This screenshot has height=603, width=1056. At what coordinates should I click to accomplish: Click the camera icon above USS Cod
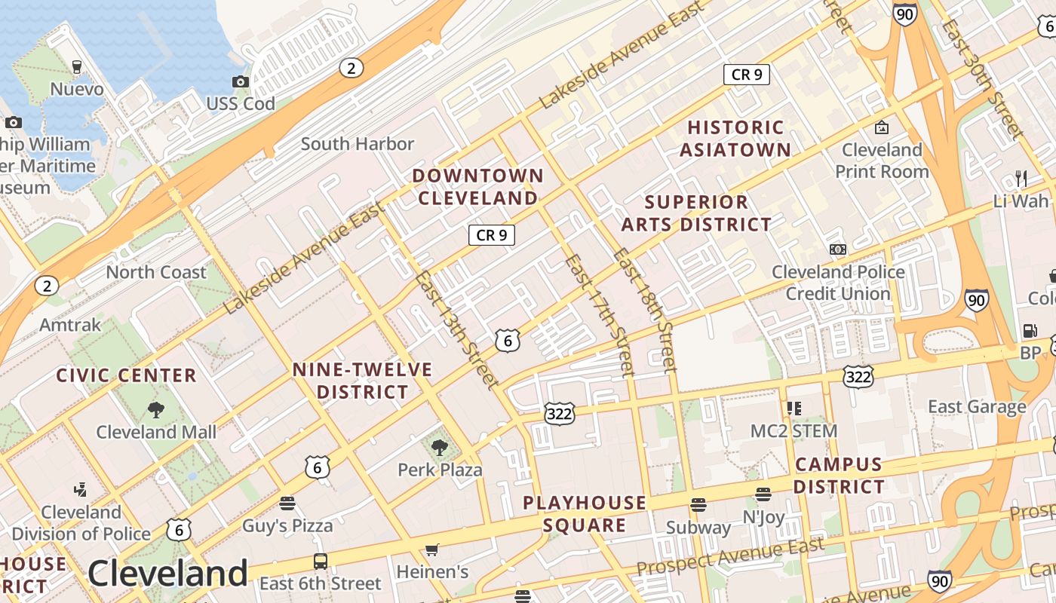(241, 81)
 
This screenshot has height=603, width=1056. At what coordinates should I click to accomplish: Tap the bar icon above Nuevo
(76, 67)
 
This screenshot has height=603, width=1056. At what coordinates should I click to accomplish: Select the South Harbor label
(358, 143)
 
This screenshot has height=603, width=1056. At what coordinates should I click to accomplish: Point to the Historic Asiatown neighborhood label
(735, 139)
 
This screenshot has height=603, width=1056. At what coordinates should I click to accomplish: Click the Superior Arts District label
(696, 213)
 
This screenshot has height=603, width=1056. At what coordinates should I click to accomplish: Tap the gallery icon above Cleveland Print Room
(881, 127)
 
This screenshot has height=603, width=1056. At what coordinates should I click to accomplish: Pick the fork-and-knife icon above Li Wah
(1021, 179)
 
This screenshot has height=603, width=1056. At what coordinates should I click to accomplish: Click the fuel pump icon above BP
(1030, 331)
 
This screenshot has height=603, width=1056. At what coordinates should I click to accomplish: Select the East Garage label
(977, 407)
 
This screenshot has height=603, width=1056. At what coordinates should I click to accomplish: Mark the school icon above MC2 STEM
(794, 409)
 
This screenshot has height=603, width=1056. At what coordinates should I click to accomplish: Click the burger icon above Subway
(698, 505)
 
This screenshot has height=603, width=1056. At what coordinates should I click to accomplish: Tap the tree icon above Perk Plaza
(440, 448)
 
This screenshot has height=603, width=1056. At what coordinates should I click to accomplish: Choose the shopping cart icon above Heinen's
(432, 550)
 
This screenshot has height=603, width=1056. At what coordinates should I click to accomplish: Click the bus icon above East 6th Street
(321, 562)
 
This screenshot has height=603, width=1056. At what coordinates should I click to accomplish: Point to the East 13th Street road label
(456, 330)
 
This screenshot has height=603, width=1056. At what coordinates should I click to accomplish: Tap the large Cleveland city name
(167, 574)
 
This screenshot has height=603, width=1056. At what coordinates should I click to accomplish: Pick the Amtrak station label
(69, 325)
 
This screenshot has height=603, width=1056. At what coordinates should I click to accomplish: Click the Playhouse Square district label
(585, 514)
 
